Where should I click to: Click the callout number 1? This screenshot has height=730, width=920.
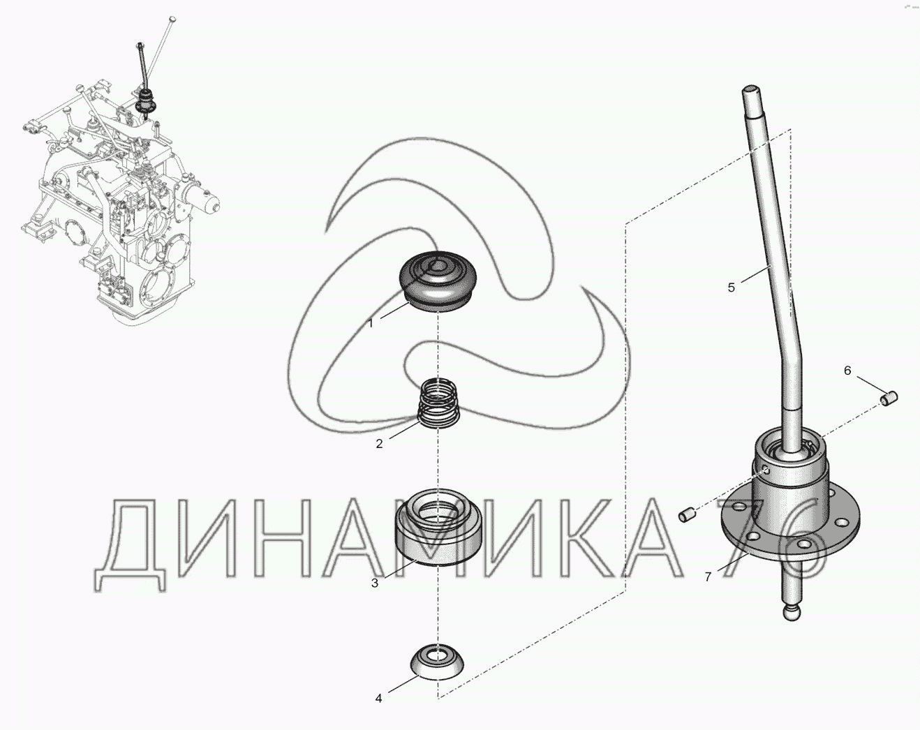[371, 324]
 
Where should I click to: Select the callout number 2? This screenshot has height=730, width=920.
[379, 444]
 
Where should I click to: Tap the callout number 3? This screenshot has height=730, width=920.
[375, 583]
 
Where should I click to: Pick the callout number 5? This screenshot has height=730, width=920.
[732, 288]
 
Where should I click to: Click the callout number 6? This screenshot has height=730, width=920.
[847, 371]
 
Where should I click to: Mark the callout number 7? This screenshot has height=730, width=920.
[708, 577]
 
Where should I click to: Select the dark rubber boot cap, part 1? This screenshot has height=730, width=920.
[437, 282]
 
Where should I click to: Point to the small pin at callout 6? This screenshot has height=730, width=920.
[889, 398]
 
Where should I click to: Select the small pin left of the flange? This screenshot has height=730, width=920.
[688, 514]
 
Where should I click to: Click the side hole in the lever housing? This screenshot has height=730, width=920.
[766, 471]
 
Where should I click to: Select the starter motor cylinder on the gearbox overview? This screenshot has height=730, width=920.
[202, 201]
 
